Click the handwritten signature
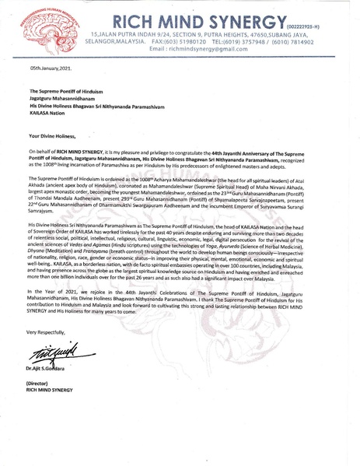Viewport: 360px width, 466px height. pyautogui.click(x=69, y=377)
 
